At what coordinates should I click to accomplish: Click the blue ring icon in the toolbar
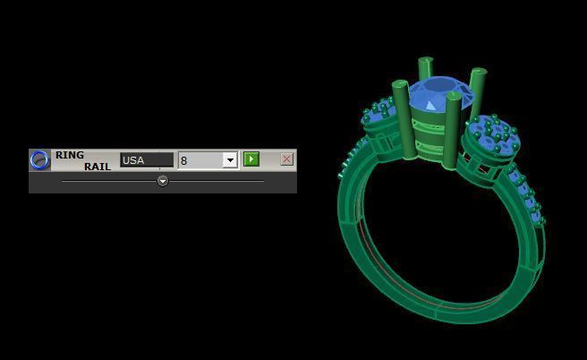(39, 159)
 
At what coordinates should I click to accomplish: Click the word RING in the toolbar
(70, 155)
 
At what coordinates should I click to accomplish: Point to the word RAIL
(98, 167)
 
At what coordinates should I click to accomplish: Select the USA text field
(147, 160)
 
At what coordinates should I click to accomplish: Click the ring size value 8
(200, 160)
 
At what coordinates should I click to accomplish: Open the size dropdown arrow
(230, 160)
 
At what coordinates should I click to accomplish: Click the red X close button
(286, 159)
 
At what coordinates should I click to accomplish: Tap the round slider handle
(163, 181)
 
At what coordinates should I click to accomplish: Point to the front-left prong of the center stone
(400, 116)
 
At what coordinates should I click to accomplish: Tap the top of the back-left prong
(425, 63)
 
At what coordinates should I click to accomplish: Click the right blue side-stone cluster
(495, 133)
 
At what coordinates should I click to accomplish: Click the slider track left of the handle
(107, 181)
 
